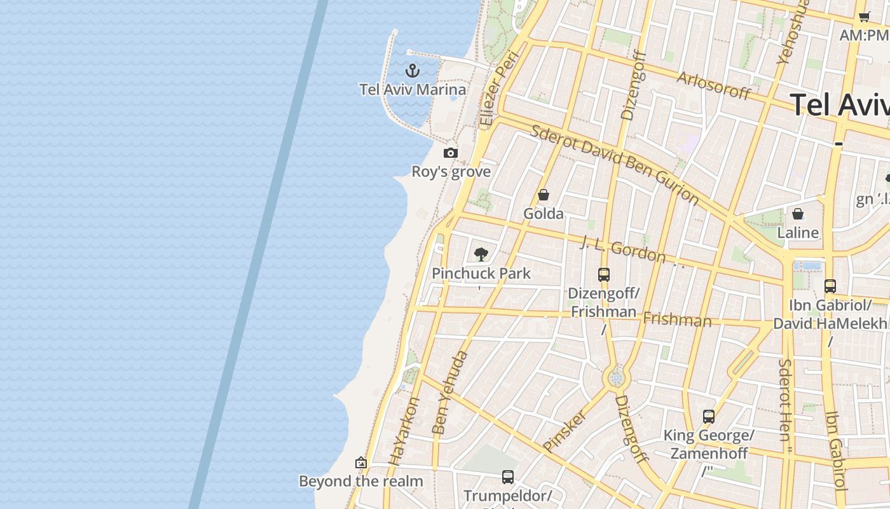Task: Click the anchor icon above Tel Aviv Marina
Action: click(x=413, y=70)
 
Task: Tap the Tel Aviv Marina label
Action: click(x=413, y=90)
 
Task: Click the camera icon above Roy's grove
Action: click(x=451, y=153)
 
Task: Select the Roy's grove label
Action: click(x=451, y=172)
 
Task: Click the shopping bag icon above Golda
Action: click(x=544, y=195)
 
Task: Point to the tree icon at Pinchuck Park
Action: click(x=481, y=254)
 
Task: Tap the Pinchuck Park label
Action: click(x=481, y=274)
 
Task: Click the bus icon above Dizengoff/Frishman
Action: click(x=604, y=275)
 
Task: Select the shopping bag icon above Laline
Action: click(x=798, y=214)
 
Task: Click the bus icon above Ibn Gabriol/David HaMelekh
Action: click(x=830, y=286)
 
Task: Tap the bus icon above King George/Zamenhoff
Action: click(x=709, y=417)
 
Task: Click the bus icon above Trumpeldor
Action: click(x=507, y=477)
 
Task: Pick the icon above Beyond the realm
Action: click(x=361, y=463)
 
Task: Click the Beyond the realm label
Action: click(x=360, y=481)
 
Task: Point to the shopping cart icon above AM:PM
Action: click(x=864, y=17)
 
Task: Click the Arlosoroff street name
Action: click(x=713, y=85)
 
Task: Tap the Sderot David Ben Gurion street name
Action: click(x=614, y=164)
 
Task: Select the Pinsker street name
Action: click(x=565, y=431)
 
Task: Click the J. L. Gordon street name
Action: click(x=623, y=249)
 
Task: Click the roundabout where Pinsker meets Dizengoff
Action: click(x=615, y=379)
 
